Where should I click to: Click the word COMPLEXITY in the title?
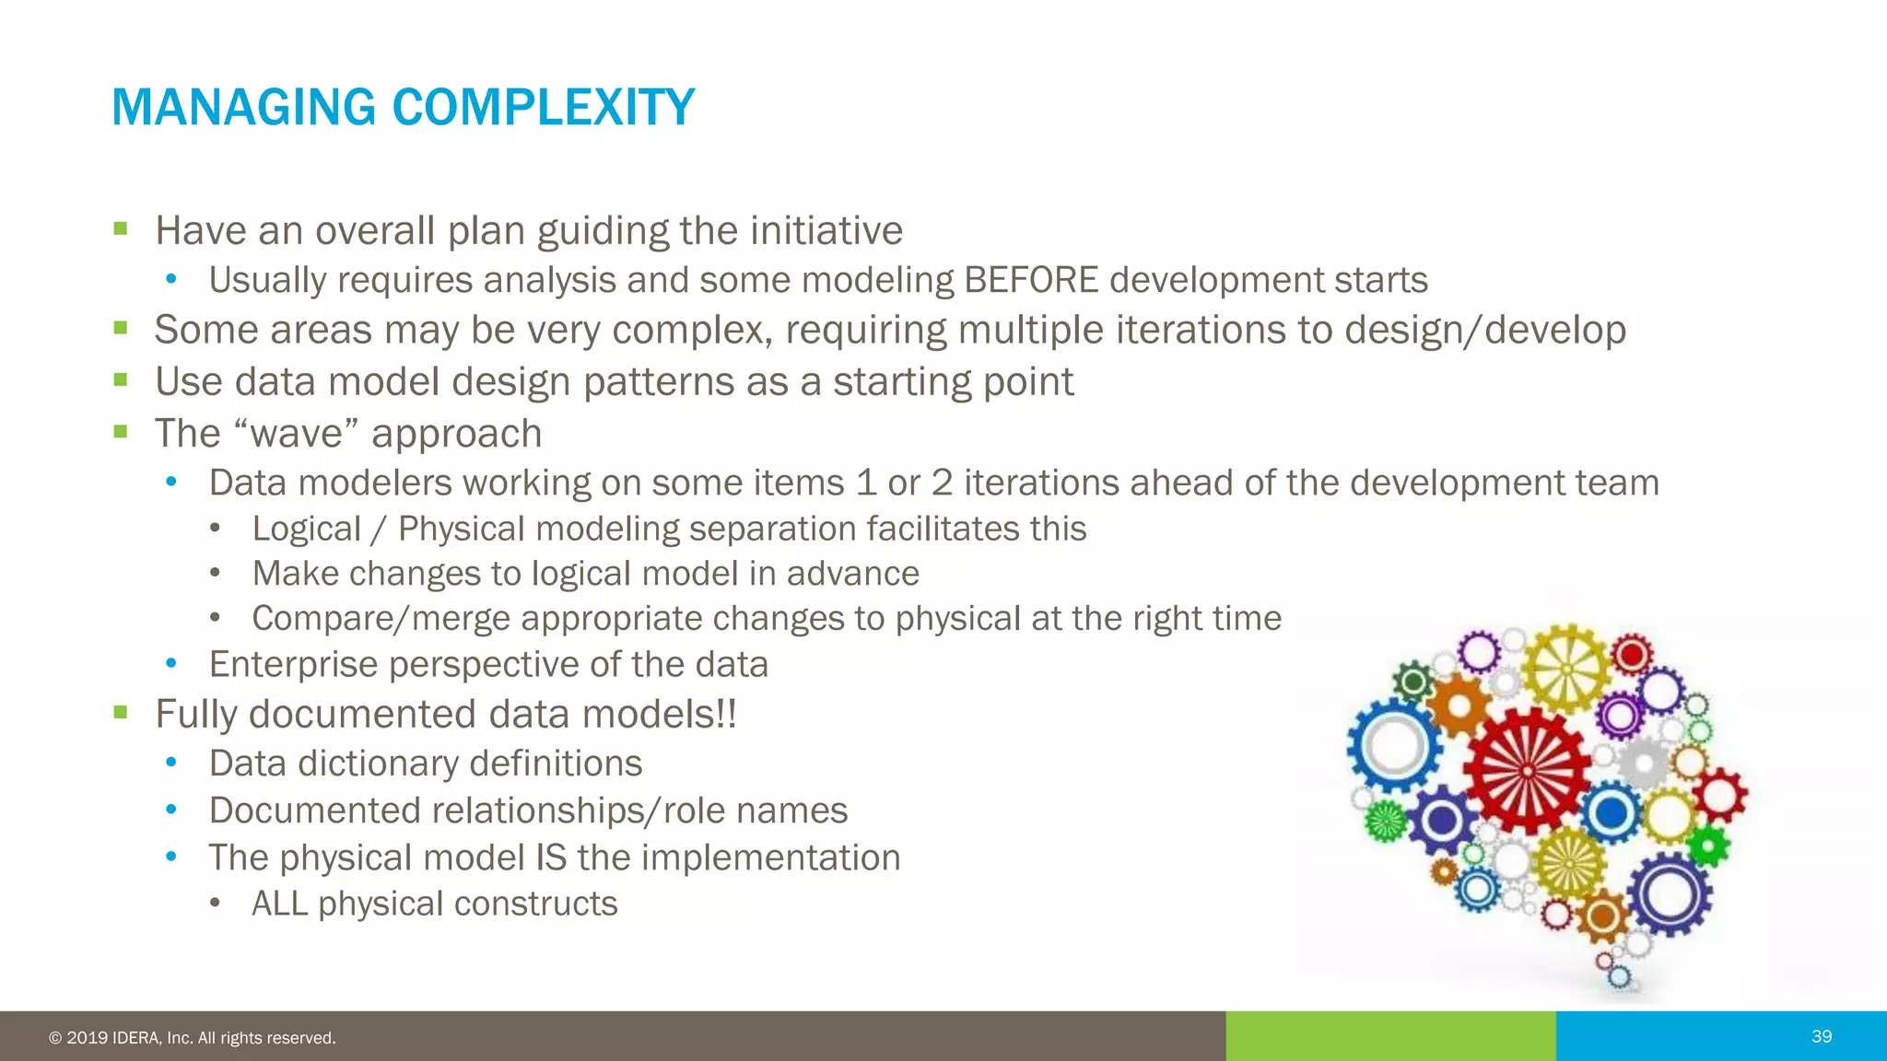point(543,108)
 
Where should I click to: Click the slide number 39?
point(1821,1037)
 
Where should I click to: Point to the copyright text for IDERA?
point(193,1038)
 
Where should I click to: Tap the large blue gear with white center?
point(1393,746)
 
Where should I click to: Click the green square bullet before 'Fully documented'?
point(120,712)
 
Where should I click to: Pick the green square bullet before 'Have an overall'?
point(120,228)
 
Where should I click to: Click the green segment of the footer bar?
point(1390,1036)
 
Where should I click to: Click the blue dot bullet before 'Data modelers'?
point(170,481)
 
